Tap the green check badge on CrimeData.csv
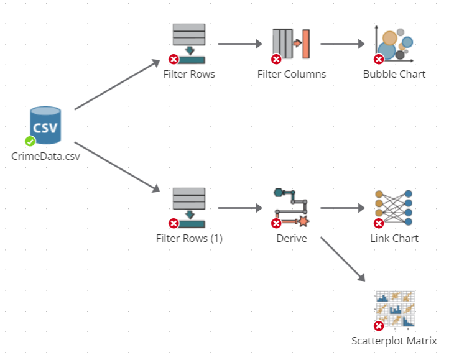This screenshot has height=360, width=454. pos(30,141)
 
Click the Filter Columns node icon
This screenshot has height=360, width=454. pos(291,44)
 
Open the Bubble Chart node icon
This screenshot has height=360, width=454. pos(394,44)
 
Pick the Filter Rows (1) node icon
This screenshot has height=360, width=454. pos(189,208)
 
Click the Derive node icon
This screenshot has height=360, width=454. pos(291,208)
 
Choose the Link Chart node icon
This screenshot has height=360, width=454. pos(394,208)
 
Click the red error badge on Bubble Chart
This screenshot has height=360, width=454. pos(378,59)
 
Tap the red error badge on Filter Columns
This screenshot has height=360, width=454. pos(276,59)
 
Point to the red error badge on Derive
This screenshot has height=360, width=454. pos(276,223)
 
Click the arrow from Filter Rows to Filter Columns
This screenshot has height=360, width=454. pos(240,44)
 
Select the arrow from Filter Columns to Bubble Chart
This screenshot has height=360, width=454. pos(342,44)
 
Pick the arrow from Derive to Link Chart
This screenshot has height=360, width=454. pos(342,208)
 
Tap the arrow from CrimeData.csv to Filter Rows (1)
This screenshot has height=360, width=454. pos(118,167)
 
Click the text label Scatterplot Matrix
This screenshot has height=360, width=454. pos(394,341)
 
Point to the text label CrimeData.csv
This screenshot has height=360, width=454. pos(45,156)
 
